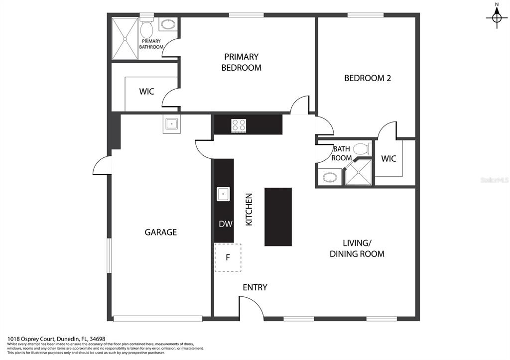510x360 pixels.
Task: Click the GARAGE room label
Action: [161, 232]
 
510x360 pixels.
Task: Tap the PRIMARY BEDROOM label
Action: [242, 62]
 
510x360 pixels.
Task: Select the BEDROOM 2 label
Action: [368, 78]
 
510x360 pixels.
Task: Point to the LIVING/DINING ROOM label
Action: [357, 248]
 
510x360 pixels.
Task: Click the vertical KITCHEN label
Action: [249, 210]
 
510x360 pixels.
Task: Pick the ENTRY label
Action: [255, 287]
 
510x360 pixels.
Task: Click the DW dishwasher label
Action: [226, 224]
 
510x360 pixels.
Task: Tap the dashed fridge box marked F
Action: [228, 257]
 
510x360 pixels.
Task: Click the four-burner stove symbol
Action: [239, 125]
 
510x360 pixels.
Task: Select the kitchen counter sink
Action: [223, 194]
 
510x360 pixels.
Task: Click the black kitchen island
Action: [278, 217]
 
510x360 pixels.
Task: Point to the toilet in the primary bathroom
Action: [147, 28]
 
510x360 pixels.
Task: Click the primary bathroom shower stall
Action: [125, 39]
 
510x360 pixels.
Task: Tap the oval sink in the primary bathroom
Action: [168, 24]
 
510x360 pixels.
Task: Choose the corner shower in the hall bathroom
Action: [358, 172]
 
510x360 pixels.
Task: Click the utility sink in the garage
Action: [171, 124]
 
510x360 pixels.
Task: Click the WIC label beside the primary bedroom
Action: [147, 92]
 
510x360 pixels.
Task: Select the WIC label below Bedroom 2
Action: [388, 159]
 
